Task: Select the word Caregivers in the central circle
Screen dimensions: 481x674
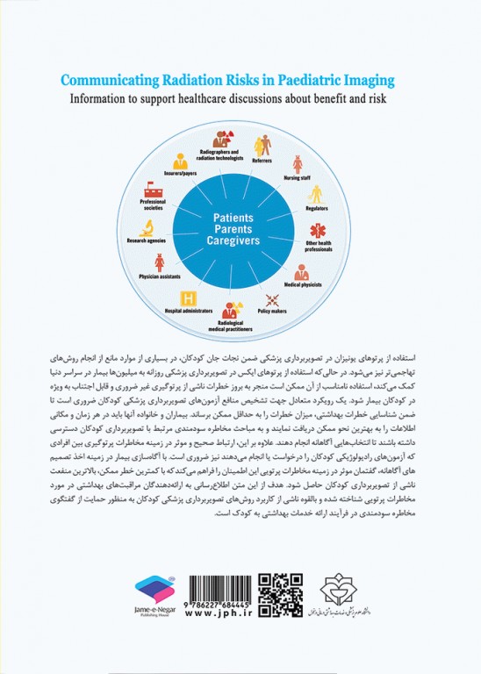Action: [239, 239]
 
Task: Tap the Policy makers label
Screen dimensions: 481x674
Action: [271, 312]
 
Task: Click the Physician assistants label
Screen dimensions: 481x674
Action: [159, 276]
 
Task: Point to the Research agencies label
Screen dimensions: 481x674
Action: [148, 238]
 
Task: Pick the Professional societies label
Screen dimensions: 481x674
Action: [152, 204]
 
